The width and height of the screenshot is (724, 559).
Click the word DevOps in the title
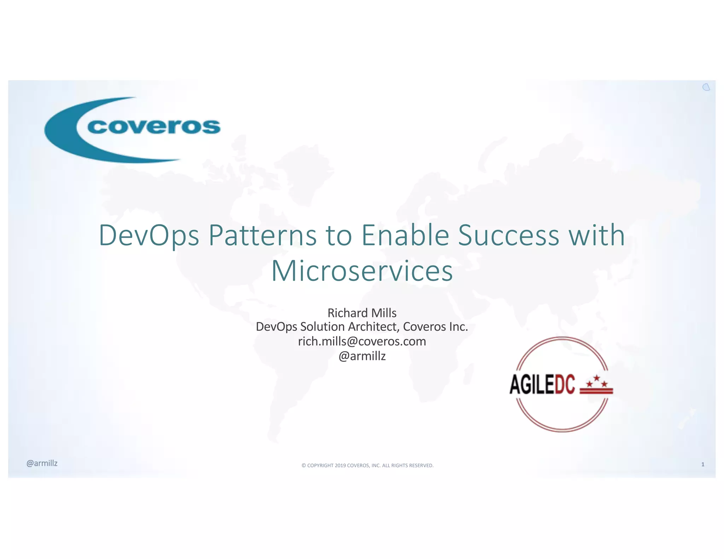pyautogui.click(x=149, y=236)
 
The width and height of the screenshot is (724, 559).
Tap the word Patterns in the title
pyautogui.click(x=262, y=236)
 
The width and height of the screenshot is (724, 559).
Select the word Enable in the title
pyautogui.click(x=405, y=236)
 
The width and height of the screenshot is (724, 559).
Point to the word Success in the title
pyautogui.click(x=508, y=236)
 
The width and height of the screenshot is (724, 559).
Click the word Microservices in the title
pyautogui.click(x=362, y=271)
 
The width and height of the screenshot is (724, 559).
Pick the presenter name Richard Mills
pyautogui.click(x=362, y=313)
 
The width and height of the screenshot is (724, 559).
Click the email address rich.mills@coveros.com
pyautogui.click(x=362, y=341)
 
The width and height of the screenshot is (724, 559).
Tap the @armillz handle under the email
pyautogui.click(x=362, y=356)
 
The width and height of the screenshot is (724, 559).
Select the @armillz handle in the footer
pyautogui.click(x=42, y=463)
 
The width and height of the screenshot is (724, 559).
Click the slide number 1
pyautogui.click(x=703, y=464)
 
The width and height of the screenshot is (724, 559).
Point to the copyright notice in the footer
pyautogui.click(x=367, y=465)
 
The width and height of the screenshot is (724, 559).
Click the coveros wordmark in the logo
pyautogui.click(x=154, y=126)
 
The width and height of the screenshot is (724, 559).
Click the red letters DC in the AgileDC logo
pyautogui.click(x=565, y=384)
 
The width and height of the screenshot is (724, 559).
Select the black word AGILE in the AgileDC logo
pyautogui.click(x=532, y=384)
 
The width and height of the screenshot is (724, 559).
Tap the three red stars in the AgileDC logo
pyautogui.click(x=597, y=382)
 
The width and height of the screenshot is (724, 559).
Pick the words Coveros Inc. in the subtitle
pyautogui.click(x=435, y=327)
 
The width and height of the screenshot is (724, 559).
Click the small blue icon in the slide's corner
pyautogui.click(x=706, y=87)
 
